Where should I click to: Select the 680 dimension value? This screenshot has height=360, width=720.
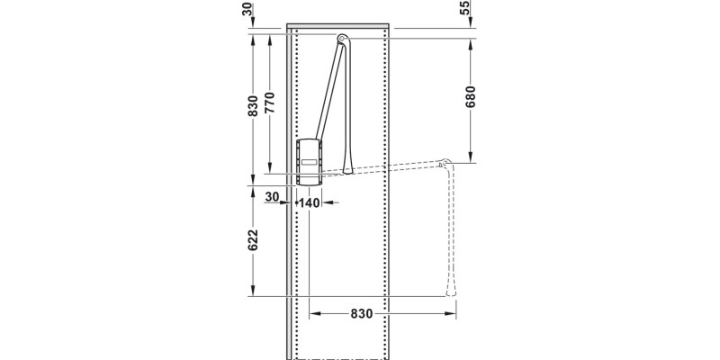(x=470, y=96)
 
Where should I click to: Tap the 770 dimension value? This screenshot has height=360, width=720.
(x=269, y=105)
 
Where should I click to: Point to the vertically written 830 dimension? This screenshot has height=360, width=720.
(x=253, y=105)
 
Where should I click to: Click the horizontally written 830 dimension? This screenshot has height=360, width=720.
(x=360, y=313)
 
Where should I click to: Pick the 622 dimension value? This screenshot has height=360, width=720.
(x=253, y=239)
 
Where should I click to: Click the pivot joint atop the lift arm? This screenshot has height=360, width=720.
(x=343, y=38)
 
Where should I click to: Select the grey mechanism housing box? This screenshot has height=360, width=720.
(x=309, y=159)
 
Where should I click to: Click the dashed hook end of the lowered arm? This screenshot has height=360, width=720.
(x=446, y=162)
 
